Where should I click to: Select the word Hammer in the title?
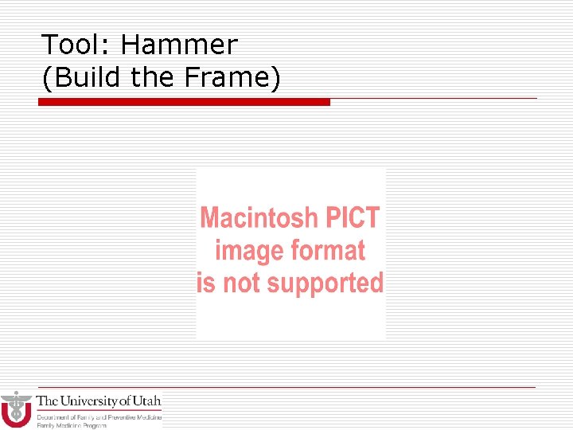pos(179,45)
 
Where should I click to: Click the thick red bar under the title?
pos(184,102)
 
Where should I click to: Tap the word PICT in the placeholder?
pos(349,217)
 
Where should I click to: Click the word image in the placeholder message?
pos(248,250)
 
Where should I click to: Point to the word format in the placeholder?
pos(327,250)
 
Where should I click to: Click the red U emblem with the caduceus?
pos(16,409)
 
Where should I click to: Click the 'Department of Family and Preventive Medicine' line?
pos(99,417)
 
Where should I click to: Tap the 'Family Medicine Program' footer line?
pos(72,425)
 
